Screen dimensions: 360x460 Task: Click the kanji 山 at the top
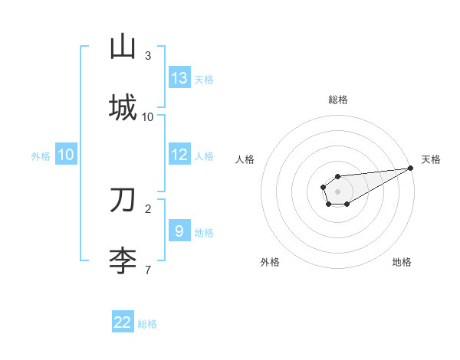(x=123, y=47)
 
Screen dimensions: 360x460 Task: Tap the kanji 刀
(x=123, y=200)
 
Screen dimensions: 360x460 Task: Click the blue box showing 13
(x=179, y=78)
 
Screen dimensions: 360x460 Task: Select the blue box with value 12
(x=179, y=155)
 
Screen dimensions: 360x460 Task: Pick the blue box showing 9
(x=179, y=231)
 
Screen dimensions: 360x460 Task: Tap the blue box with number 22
(x=123, y=322)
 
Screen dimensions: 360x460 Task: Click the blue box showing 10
(x=66, y=155)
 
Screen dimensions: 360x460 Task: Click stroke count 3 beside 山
(x=148, y=56)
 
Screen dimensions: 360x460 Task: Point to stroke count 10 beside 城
(x=148, y=116)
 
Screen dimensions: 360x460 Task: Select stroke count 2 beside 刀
(x=148, y=208)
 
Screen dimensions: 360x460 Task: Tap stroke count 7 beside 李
(x=148, y=270)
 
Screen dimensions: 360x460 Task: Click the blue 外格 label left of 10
(x=41, y=156)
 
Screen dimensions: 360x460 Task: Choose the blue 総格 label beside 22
(x=147, y=324)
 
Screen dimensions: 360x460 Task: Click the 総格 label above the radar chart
(x=337, y=100)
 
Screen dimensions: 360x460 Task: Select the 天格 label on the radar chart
(x=431, y=159)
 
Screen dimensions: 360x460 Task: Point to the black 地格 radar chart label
(x=402, y=262)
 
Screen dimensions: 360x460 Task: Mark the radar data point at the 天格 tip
(x=410, y=168)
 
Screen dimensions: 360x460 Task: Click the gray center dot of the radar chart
(x=337, y=191)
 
